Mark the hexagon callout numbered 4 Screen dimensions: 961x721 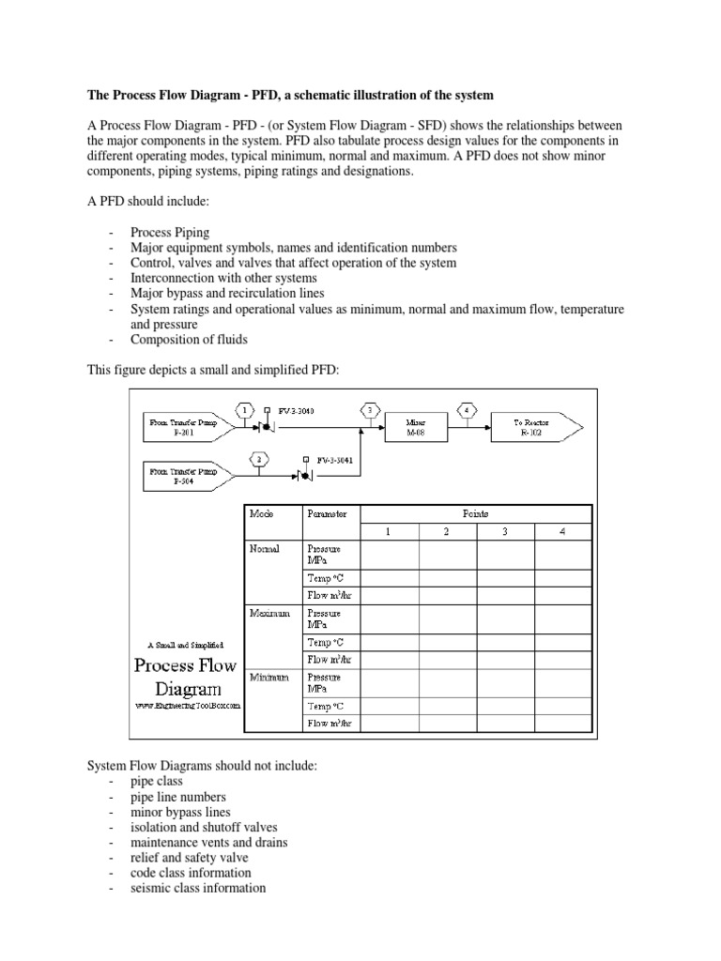(x=467, y=410)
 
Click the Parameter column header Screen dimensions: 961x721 (x=326, y=514)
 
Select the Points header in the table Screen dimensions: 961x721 (x=476, y=514)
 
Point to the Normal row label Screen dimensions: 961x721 (x=265, y=549)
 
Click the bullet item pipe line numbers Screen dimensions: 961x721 (x=177, y=797)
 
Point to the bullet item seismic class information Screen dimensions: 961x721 (x=199, y=888)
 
